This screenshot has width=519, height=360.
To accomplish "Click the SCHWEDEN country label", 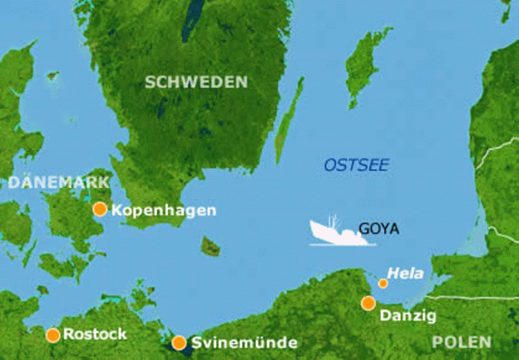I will click(196, 81).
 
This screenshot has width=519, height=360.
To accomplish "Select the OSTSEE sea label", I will click(357, 165).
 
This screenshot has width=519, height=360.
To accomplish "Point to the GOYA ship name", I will click(378, 229).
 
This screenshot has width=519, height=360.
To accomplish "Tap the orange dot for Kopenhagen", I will click(100, 210).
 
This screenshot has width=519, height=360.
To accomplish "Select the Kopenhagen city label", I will click(164, 210).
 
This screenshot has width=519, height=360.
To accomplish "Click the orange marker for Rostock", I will click(53, 334).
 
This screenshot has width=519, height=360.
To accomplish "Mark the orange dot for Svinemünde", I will click(179, 342).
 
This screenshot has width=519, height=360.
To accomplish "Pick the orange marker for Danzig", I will click(368, 303).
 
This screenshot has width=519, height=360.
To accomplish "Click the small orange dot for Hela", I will click(383, 284).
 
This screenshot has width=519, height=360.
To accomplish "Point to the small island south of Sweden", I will click(211, 245).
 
